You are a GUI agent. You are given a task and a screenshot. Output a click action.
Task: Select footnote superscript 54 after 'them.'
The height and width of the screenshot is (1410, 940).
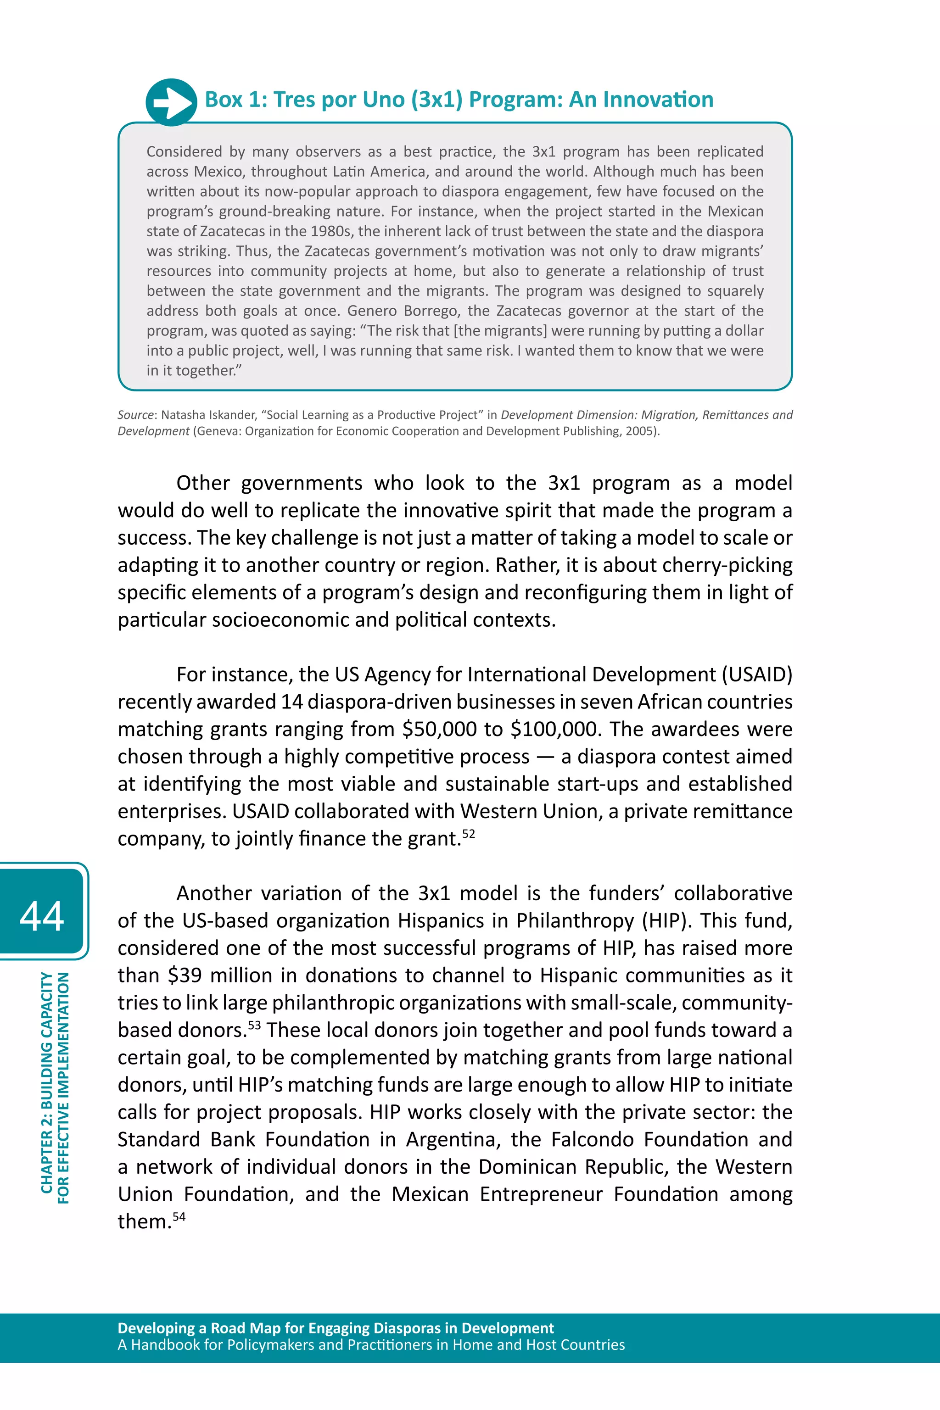(179, 1216)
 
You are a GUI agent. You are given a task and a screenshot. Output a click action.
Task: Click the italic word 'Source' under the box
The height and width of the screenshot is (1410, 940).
(135, 415)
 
